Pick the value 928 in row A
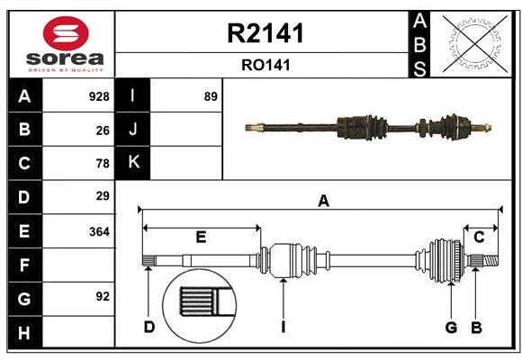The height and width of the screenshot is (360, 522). point(99,96)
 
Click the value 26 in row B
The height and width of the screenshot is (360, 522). point(103,130)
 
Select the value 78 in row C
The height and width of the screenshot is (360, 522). point(103,164)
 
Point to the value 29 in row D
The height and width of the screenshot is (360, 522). point(103,196)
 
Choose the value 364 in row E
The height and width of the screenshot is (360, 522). point(99,231)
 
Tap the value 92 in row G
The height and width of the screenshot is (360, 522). point(103,296)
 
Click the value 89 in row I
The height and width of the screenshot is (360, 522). point(211,96)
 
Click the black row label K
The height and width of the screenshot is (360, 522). point(134,163)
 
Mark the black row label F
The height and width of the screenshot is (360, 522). point(24,265)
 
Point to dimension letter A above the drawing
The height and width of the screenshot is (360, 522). point(322,202)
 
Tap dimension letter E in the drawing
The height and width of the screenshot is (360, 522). point(201,238)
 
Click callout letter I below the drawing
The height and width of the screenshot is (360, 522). point(283,327)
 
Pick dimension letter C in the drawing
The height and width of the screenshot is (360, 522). point(480,237)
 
